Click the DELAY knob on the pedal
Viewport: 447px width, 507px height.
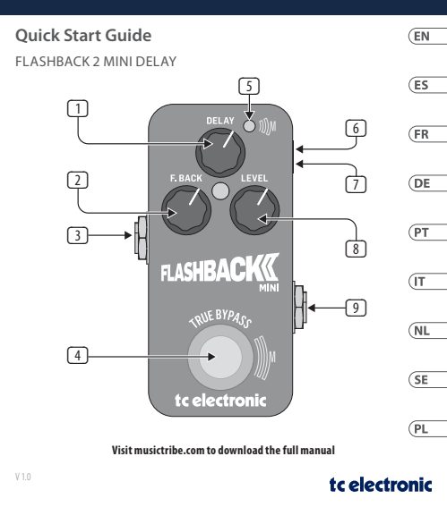[220, 152]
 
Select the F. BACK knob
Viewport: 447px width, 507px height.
[186, 210]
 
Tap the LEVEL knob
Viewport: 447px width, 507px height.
[254, 210]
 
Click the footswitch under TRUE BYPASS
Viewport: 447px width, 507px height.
[220, 357]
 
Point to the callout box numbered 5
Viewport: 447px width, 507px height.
[249, 86]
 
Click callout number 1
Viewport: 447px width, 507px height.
[78, 108]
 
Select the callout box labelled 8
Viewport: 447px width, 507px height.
[356, 249]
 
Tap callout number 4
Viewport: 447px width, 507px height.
[78, 355]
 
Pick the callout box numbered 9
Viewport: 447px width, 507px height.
[356, 308]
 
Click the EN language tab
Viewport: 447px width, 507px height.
[427, 36]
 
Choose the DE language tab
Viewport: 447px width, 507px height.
[427, 183]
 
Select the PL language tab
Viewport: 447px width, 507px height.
[427, 428]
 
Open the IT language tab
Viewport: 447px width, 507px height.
[427, 282]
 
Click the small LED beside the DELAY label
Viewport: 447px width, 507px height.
[249, 126]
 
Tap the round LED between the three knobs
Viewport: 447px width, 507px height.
[220, 190]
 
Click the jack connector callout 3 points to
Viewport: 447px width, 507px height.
[142, 238]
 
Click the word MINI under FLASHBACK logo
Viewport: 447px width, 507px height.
[269, 287]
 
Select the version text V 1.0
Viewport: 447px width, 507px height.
[23, 477]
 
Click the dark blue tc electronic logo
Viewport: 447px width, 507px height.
[381, 485]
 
